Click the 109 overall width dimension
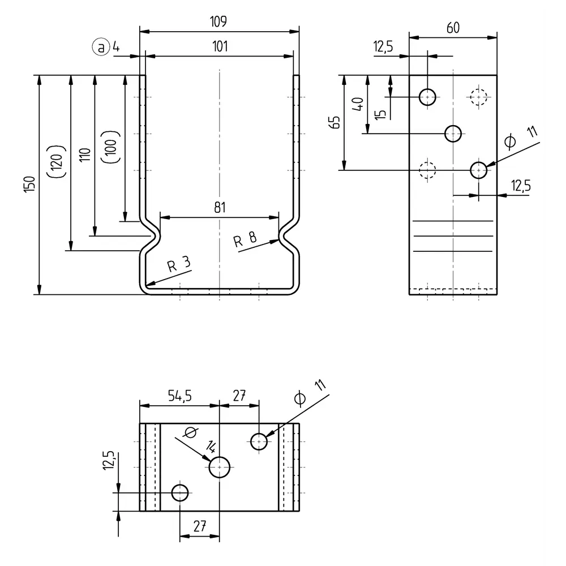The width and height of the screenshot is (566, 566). point(218,22)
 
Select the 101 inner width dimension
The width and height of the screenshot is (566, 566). point(220,47)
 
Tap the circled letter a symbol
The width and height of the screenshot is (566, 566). point(101,48)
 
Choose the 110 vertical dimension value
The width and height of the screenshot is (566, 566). point(84,156)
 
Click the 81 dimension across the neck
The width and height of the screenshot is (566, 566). point(220,207)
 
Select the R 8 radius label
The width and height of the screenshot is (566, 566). point(245,239)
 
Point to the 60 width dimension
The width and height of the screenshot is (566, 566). point(453,28)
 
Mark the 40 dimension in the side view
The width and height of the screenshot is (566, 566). point(357,105)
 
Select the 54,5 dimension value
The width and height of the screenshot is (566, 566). point(179,396)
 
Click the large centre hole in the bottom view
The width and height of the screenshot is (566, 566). point(220,468)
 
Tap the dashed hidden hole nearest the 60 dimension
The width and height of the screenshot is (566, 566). point(478,97)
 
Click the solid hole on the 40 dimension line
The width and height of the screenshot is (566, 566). point(453,134)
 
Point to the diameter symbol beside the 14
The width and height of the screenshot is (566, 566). point(190,433)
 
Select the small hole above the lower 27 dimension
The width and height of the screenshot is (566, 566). point(180,492)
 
